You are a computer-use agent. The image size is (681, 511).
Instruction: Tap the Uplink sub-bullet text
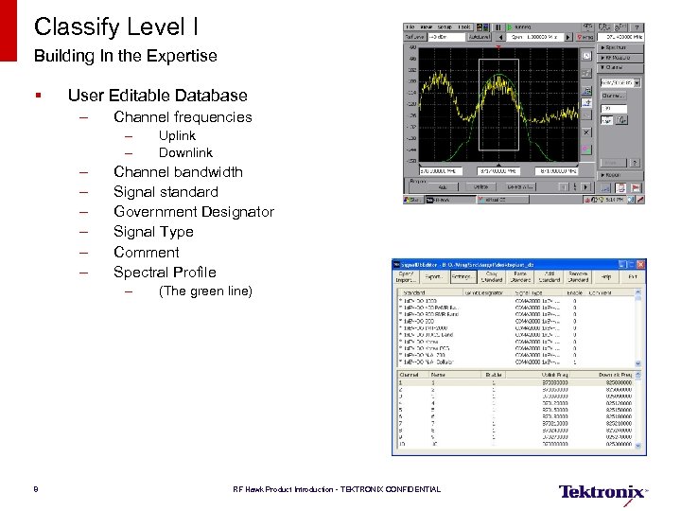coord(177,135)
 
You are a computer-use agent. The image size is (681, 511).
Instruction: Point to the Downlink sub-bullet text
coord(185,152)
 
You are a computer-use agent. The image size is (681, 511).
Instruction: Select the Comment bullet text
coord(146,252)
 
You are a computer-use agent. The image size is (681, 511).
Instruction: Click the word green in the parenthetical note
coord(207,291)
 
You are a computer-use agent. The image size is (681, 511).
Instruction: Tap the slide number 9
coord(34,489)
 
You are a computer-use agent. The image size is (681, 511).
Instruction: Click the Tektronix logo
coord(602,491)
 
